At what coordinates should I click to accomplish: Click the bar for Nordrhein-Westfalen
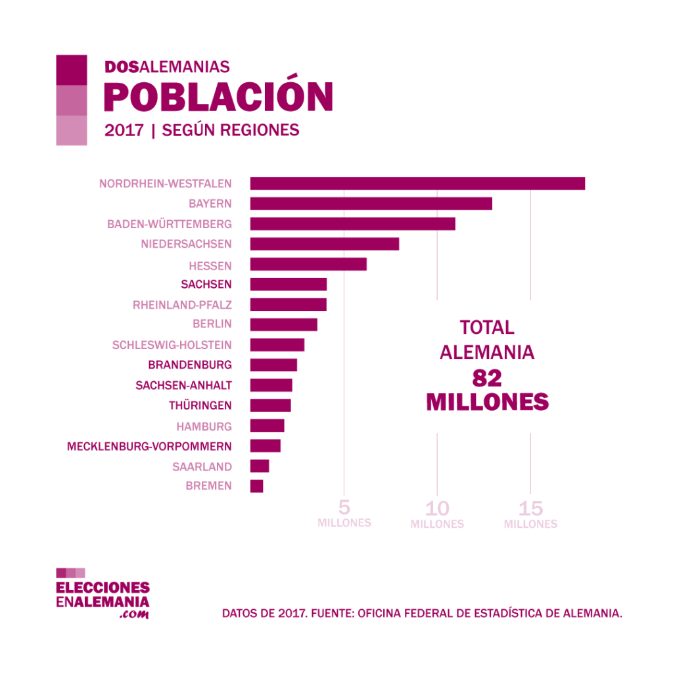417,183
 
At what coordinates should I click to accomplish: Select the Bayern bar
371,204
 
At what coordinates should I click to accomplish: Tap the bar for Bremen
256,486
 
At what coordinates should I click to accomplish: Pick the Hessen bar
308,264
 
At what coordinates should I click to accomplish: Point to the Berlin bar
283,325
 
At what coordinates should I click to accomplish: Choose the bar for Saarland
260,466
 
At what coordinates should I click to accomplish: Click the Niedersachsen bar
324,244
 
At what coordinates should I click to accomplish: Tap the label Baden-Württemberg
170,224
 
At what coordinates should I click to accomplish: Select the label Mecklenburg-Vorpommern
149,446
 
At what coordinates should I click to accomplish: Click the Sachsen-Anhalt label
183,385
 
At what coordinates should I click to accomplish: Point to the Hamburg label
204,426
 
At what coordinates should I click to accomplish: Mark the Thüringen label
200,406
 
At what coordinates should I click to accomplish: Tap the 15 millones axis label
530,514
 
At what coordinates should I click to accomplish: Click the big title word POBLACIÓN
218,97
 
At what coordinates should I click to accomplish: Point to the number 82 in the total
487,378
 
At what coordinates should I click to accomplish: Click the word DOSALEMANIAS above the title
167,67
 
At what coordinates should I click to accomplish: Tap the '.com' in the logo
135,615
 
